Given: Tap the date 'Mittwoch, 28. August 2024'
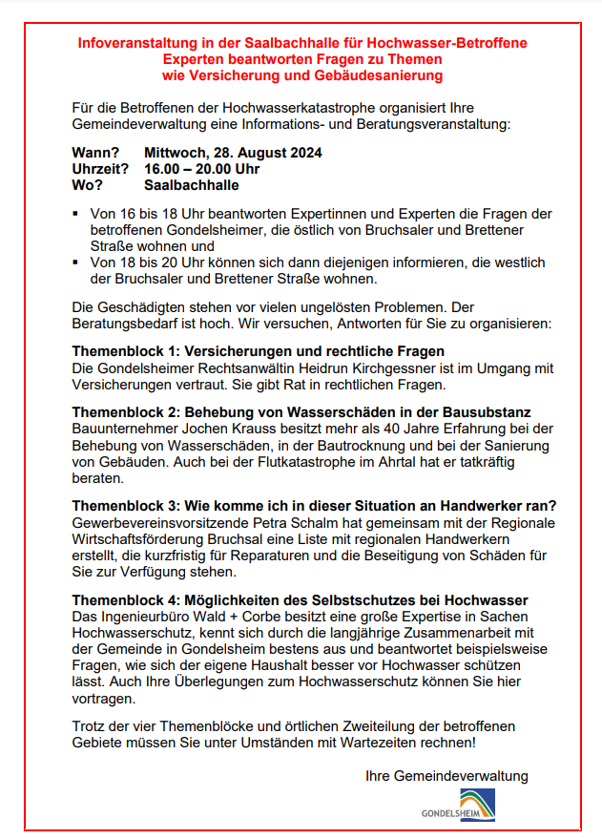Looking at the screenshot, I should pos(233,153).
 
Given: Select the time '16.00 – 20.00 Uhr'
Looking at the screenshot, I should pos(201,169).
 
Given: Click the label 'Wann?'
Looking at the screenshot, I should pos(95,153).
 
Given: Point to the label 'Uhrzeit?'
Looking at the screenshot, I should pos(100,169).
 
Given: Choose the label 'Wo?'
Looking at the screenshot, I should pos(87,185).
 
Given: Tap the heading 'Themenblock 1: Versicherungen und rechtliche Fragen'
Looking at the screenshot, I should pos(259,351).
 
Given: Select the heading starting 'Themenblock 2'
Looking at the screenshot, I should pos(301,411).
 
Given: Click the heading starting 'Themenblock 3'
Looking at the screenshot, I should pos(314,505).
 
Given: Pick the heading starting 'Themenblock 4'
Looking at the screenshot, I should pos(300,599).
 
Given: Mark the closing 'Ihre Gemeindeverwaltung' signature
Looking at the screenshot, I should pos(446,776).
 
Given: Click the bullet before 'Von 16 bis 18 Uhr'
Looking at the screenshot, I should pos(76,213).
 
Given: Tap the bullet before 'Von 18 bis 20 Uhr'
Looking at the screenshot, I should pos(76,261).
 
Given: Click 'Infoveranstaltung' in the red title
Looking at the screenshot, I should pos(135,43).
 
